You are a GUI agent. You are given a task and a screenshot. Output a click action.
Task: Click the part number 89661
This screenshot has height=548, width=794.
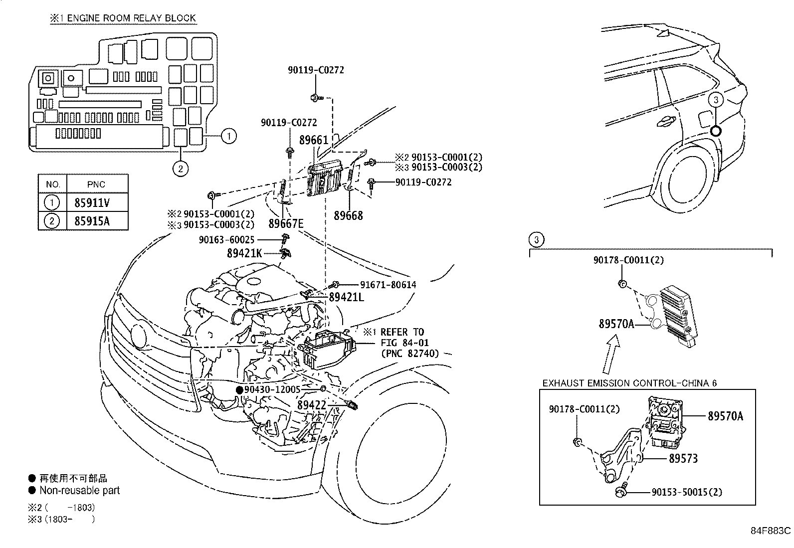coord(314,140)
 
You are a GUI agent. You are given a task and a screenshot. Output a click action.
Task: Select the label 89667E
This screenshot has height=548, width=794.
coord(286,223)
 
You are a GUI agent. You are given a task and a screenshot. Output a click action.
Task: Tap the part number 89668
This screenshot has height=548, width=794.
coord(349,216)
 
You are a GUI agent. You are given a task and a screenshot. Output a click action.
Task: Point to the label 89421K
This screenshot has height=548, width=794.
coord(244,253)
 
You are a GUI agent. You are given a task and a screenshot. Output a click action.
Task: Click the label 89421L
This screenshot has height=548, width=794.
coord(347,298)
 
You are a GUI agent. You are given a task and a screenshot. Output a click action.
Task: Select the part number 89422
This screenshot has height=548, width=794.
coord(312,405)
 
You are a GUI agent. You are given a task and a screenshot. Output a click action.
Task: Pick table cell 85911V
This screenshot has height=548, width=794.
coord(92,202)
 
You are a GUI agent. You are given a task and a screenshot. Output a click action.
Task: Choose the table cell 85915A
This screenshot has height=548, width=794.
coord(92,221)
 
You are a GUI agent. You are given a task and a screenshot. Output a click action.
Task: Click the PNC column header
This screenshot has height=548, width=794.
coord(96,184)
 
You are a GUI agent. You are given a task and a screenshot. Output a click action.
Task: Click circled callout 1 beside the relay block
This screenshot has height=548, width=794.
coord(228,136)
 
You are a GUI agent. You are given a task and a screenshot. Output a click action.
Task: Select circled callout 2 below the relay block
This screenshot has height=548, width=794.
coord(181,169)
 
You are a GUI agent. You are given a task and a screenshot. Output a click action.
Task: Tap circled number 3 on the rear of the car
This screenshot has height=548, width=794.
coord(716,100)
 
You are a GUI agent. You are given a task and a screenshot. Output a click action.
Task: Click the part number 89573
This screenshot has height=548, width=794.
coord(683,458)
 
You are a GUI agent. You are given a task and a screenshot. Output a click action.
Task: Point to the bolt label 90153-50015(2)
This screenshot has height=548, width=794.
coord(686,492)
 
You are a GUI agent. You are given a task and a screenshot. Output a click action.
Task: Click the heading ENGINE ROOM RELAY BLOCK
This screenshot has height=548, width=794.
coord(131,18)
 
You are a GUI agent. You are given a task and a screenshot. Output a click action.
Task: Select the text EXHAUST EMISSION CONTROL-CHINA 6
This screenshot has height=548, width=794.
coord(629,383)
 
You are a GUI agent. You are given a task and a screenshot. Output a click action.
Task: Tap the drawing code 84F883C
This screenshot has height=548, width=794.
coord(771,531)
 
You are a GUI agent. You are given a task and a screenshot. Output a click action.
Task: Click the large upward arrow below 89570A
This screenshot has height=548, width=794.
coord(611,355)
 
